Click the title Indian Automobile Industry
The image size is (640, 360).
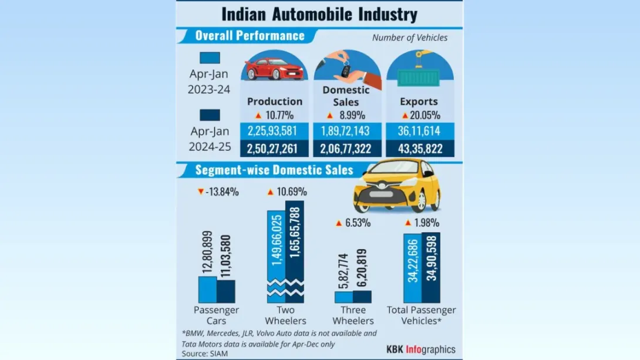(x=319, y=14)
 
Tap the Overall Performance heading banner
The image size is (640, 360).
(x=250, y=36)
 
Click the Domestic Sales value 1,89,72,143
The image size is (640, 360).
(x=346, y=131)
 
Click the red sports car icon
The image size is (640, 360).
(x=274, y=69)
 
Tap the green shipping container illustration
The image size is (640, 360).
(x=419, y=77)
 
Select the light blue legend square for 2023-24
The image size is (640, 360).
(x=210, y=58)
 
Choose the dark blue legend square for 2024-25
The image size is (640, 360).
(x=210, y=115)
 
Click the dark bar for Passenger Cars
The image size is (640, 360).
(x=226, y=291)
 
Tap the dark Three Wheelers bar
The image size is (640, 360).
(x=362, y=297)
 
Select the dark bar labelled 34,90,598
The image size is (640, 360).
(x=431, y=267)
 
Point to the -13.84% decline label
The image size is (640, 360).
(x=218, y=191)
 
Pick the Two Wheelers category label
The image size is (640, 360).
(x=285, y=315)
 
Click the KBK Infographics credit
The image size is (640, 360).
(x=420, y=349)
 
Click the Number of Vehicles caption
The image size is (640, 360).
(x=410, y=38)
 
